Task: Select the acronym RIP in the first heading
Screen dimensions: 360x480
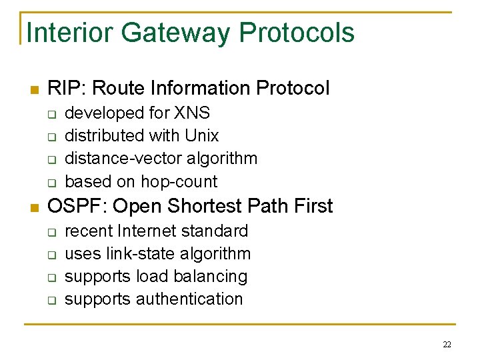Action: (x=63, y=88)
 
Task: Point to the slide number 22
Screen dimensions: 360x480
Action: (x=447, y=345)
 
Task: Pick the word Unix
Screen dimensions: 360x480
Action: (x=201, y=135)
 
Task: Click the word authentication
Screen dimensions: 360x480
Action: (x=189, y=299)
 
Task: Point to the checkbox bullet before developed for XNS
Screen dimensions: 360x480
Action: (x=51, y=114)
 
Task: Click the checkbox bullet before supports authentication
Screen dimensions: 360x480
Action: (x=51, y=300)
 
